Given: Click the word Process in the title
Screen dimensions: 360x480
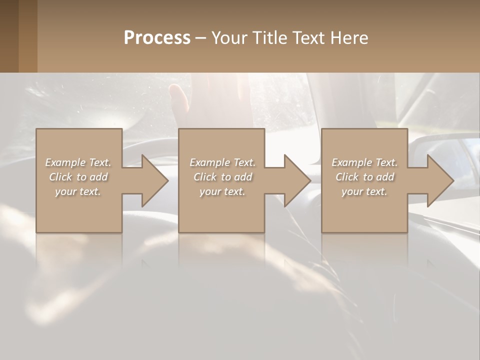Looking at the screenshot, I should [x=157, y=38].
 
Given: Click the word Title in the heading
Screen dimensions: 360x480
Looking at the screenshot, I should [x=268, y=38].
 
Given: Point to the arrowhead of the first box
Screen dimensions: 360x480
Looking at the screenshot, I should [x=153, y=180].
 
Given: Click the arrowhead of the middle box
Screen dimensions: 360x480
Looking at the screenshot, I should [x=295, y=180].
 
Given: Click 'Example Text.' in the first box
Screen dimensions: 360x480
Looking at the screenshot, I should [x=78, y=162].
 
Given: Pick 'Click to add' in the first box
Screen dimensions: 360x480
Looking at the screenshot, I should [x=78, y=177].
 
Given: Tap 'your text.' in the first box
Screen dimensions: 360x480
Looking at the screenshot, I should [x=78, y=191].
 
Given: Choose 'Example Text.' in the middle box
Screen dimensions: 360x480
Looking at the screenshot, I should [x=222, y=162].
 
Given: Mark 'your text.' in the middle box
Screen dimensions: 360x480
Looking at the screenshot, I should [x=222, y=191].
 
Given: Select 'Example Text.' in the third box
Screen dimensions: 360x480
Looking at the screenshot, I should [x=364, y=162].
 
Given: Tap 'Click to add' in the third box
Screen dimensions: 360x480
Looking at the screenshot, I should [x=365, y=177].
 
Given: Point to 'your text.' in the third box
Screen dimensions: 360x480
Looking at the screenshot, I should [x=364, y=191].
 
